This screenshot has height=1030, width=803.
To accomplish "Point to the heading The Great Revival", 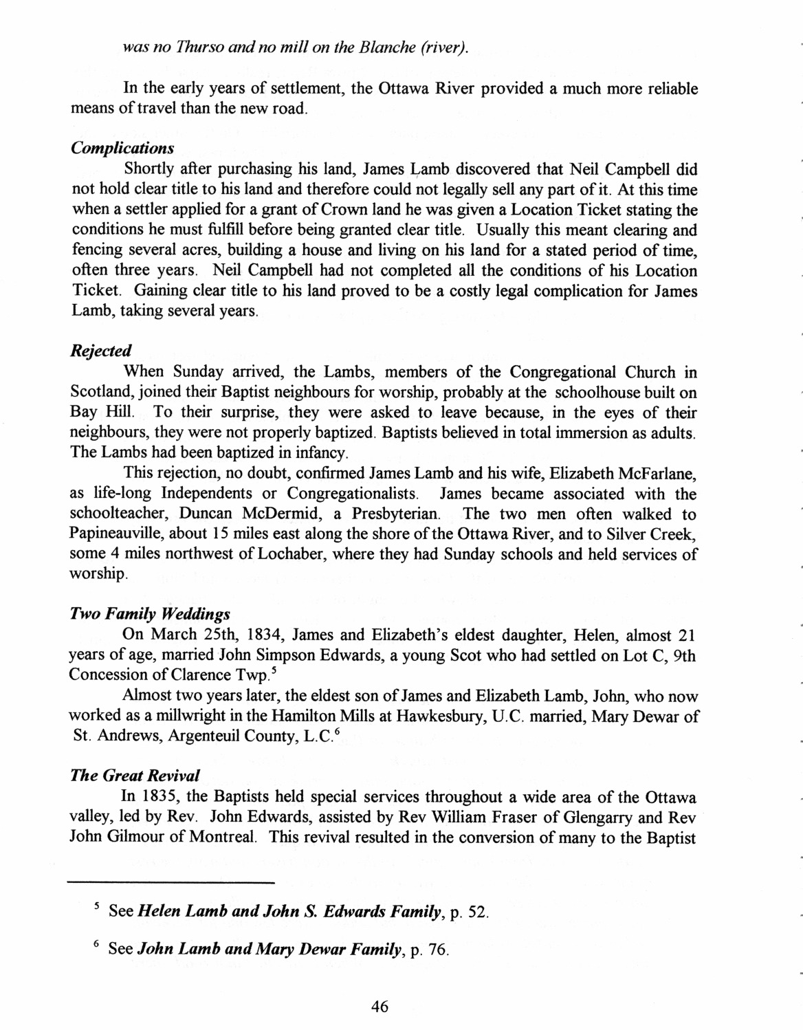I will pyautogui.click(x=135, y=776).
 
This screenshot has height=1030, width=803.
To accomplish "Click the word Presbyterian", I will pyautogui.click(x=395, y=514).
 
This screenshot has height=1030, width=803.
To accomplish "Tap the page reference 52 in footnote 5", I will pyautogui.click(x=477, y=912).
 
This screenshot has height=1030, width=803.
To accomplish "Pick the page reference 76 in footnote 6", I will pyautogui.click(x=437, y=951).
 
